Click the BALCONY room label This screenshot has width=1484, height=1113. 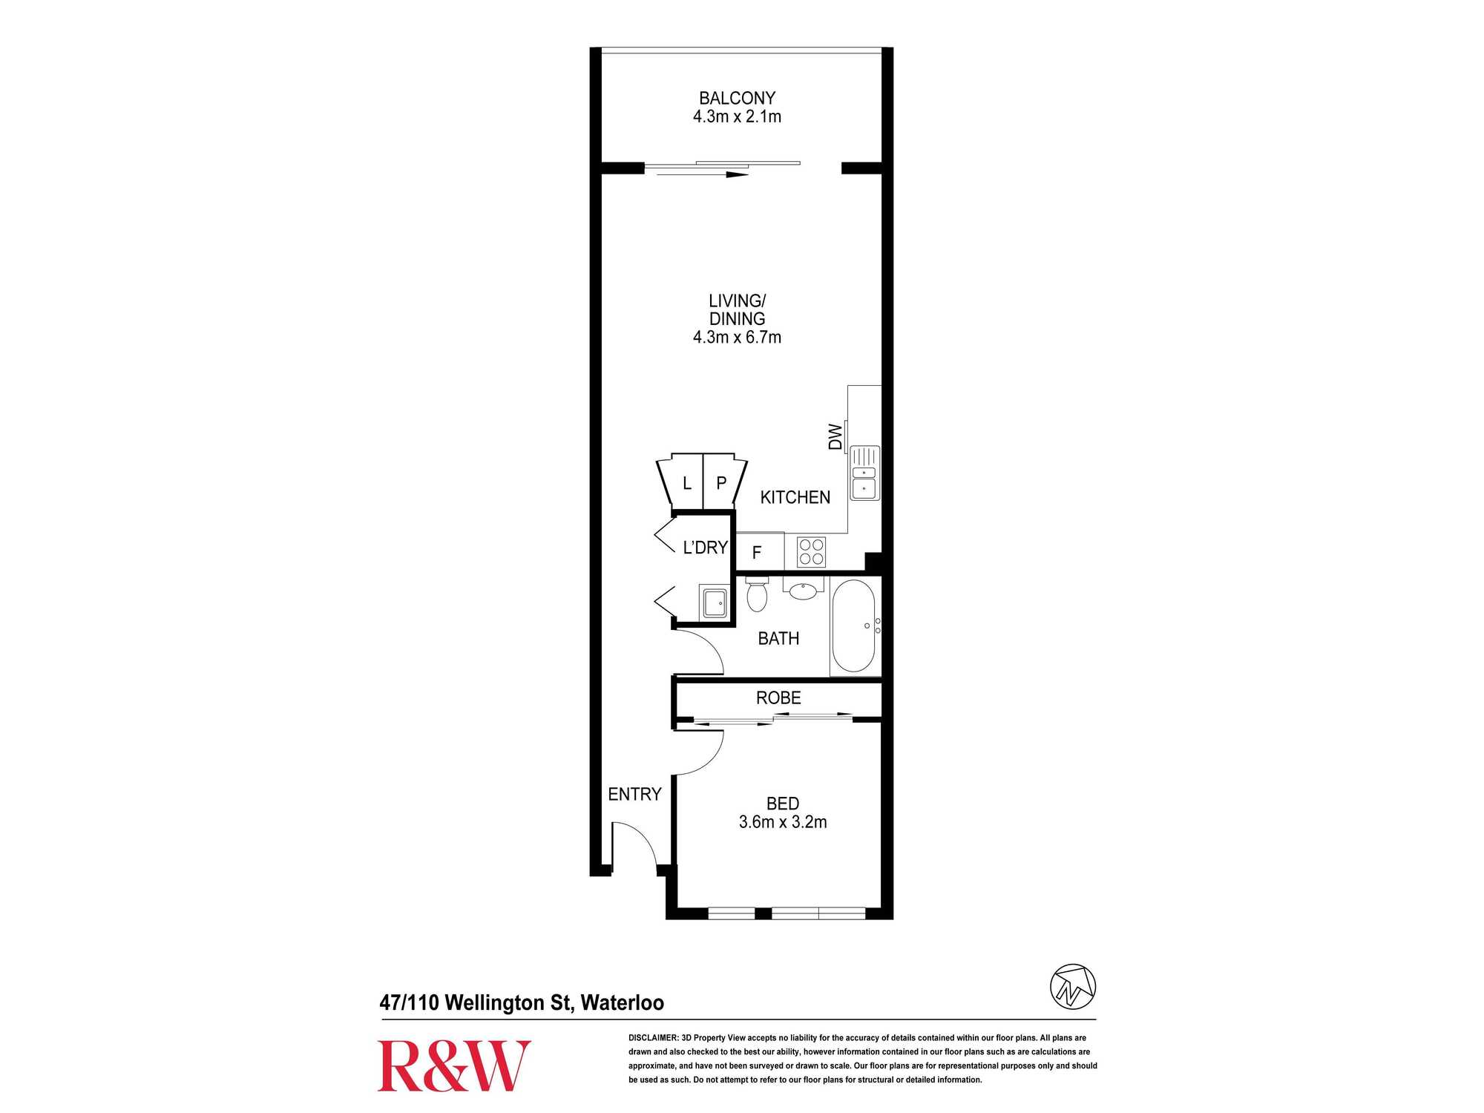[737, 98]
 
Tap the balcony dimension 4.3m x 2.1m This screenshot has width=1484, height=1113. [737, 116]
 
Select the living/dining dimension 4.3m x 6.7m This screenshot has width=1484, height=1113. [737, 337]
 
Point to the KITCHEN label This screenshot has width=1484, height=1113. [795, 497]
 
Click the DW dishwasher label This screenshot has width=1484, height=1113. [835, 437]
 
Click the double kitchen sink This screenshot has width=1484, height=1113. [864, 473]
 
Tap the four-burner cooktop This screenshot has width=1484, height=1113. [811, 552]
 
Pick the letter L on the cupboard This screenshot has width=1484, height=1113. [687, 484]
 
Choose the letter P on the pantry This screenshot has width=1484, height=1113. [721, 483]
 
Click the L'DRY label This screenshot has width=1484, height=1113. [705, 548]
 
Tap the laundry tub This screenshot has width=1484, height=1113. [715, 602]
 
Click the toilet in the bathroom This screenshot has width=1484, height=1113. [757, 594]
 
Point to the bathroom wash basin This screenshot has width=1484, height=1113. [803, 591]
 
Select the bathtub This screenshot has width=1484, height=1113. [854, 626]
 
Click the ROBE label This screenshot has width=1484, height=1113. [778, 698]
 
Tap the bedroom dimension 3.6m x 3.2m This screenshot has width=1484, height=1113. [783, 822]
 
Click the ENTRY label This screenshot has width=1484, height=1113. [634, 795]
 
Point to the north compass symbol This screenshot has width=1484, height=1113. [1073, 986]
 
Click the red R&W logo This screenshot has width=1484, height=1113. [454, 1066]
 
